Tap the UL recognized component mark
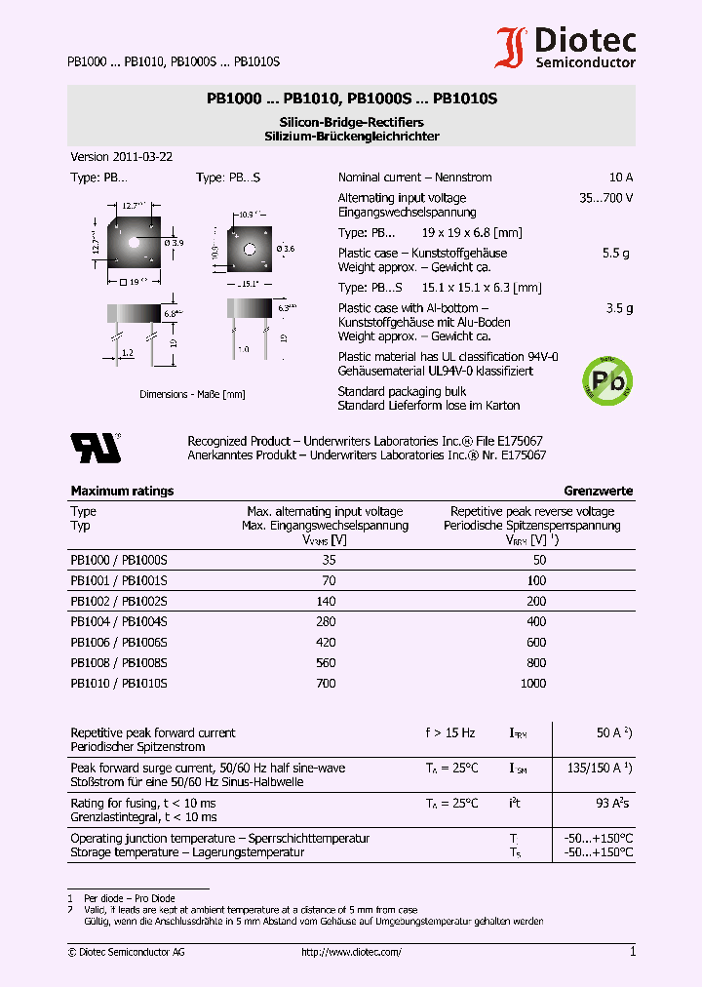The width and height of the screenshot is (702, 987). click(95, 447)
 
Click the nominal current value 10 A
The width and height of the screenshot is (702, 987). click(620, 178)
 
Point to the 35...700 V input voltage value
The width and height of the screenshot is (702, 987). click(605, 198)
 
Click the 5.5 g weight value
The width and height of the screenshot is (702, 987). click(616, 253)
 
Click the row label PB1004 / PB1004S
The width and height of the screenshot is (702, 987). click(119, 621)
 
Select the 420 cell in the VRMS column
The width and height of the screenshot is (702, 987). click(326, 642)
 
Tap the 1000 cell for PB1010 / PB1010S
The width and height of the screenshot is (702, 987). click(533, 684)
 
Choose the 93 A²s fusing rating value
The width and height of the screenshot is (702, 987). click(612, 803)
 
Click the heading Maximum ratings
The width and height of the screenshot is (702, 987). click(122, 491)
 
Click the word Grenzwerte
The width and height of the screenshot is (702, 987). click(598, 491)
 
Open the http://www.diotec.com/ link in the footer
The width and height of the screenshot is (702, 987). click(351, 952)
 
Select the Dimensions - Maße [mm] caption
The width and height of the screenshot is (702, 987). click(177, 394)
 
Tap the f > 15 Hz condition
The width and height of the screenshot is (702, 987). click(449, 732)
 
